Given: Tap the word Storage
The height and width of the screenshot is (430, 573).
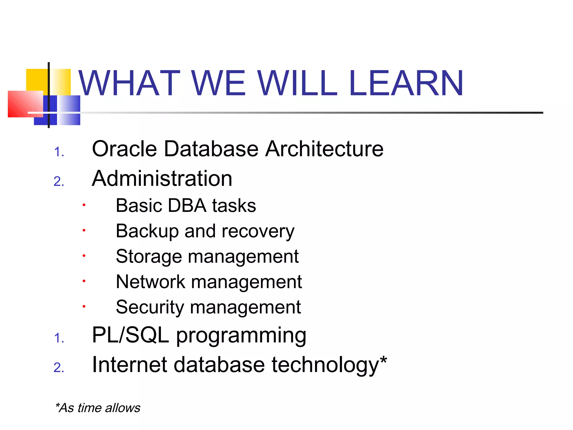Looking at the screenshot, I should click(149, 257).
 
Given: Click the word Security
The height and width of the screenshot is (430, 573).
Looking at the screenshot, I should click(150, 307).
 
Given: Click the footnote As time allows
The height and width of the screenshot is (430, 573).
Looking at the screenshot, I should click(98, 408).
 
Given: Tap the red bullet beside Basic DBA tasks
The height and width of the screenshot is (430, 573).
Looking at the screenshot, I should click(84, 205).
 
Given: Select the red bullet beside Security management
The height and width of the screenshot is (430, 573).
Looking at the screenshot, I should click(84, 307).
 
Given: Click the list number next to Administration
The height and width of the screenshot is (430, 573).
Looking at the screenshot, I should click(59, 182).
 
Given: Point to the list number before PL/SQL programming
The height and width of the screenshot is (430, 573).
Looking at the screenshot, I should click(59, 338).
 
